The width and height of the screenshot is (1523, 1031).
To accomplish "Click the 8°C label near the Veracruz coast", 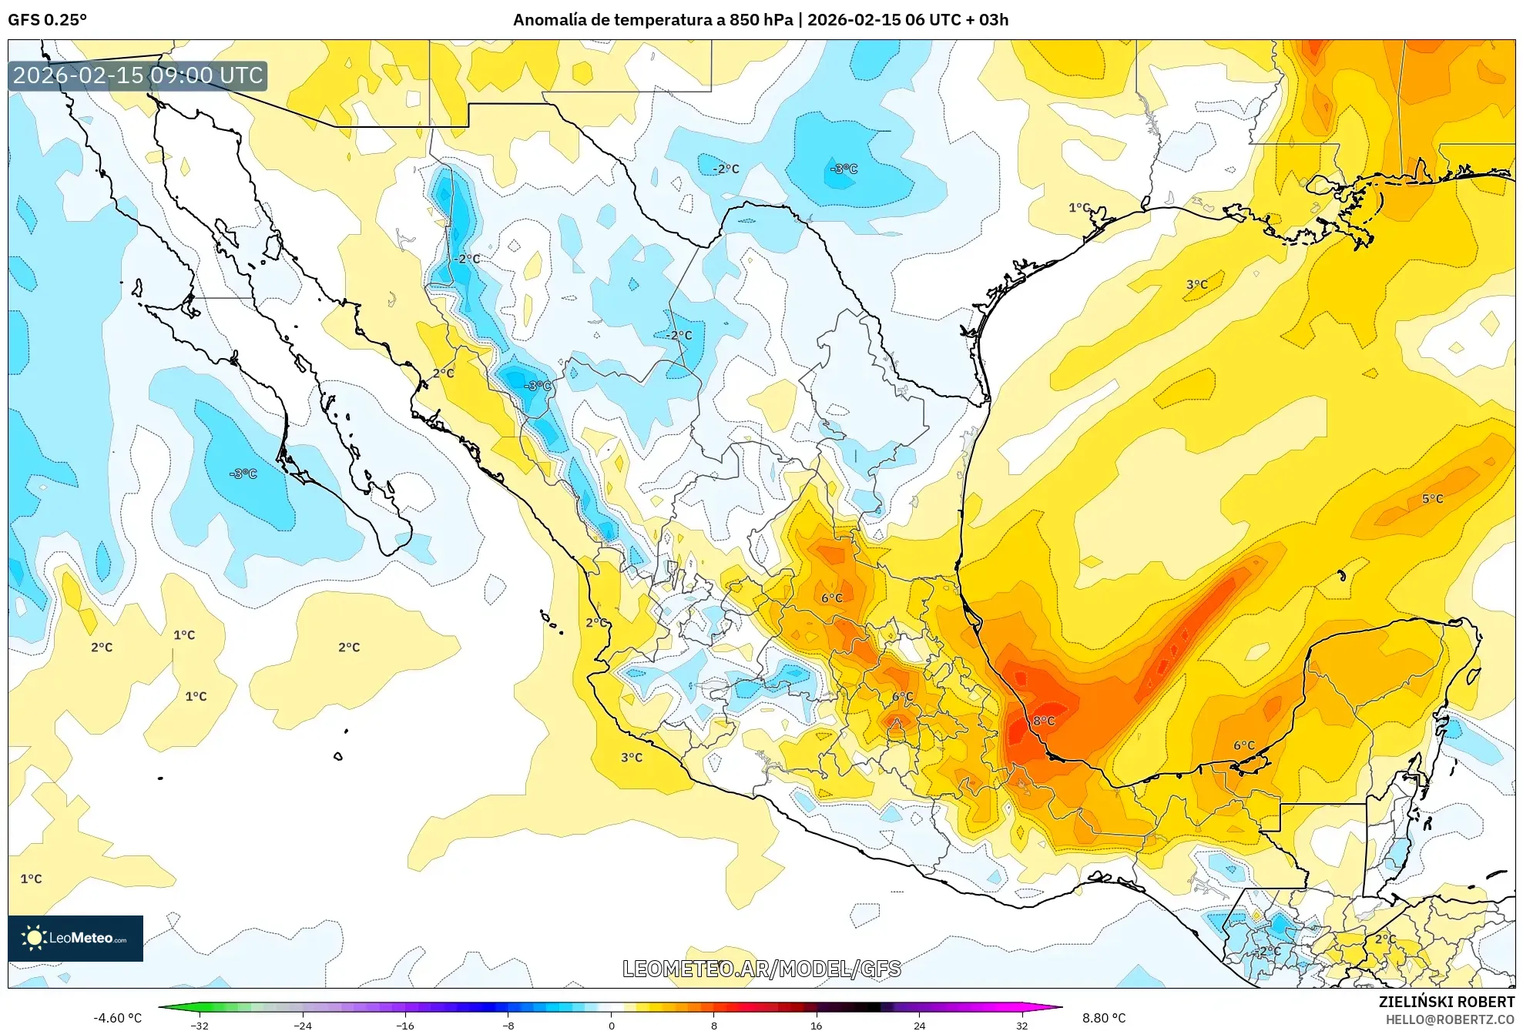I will coord(1044,721).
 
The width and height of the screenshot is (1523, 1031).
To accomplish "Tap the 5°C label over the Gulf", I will coord(1432,499).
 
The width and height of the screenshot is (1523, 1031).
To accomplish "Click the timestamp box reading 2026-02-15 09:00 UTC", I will coord(138,75).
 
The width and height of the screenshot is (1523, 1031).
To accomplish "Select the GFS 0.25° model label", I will coord(47,19).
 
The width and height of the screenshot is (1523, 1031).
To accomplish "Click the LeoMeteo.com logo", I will coord(75,938).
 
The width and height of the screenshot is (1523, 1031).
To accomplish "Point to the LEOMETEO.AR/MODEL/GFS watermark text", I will coord(761,969).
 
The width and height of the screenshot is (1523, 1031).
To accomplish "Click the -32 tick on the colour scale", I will coord(200,1025).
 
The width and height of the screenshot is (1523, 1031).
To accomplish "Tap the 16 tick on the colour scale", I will coord(816,1025).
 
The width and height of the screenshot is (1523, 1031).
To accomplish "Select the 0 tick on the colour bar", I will coord(611,1025).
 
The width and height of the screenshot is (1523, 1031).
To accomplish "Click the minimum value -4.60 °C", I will coord(118,1018).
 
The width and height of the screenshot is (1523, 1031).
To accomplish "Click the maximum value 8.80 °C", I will coord(1103,1018).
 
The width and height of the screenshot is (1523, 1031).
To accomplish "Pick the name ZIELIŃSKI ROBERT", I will coord(1446,1002).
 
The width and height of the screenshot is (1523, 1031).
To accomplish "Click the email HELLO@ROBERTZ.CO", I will coord(1449,1019).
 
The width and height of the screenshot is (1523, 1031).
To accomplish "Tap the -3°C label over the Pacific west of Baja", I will coord(243,474).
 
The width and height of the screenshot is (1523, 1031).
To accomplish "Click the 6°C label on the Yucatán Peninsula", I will coord(1243,745).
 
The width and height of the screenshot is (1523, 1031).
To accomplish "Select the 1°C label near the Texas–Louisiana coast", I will coord(1079,207).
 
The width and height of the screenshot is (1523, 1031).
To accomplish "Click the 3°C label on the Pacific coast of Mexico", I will coord(631,758).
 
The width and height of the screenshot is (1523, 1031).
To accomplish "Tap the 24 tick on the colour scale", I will coord(919,1025).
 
